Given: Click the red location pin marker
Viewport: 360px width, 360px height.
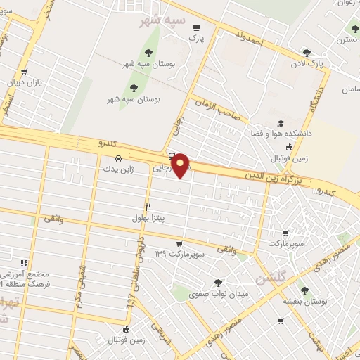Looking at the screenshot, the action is click(181, 165).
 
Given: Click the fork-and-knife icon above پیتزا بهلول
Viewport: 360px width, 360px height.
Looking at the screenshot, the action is click(148, 207).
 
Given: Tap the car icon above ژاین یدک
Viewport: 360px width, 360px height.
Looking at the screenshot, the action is click(118, 157).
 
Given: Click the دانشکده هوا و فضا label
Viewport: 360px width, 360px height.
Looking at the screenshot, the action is click(274, 132).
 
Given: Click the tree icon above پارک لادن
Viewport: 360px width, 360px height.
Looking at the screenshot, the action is click(307, 52).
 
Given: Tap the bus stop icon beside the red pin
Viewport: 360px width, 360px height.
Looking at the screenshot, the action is click(172, 156).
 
